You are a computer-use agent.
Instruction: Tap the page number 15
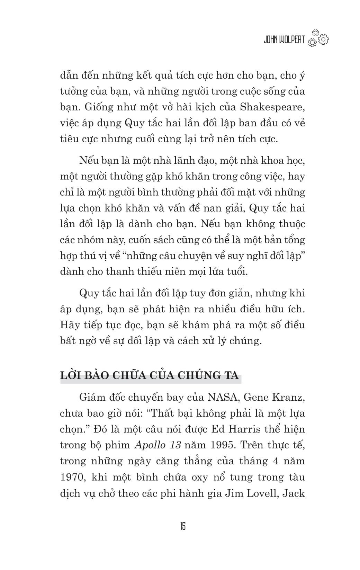182,527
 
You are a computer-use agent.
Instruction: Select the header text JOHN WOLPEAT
284,40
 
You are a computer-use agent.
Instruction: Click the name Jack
294,493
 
